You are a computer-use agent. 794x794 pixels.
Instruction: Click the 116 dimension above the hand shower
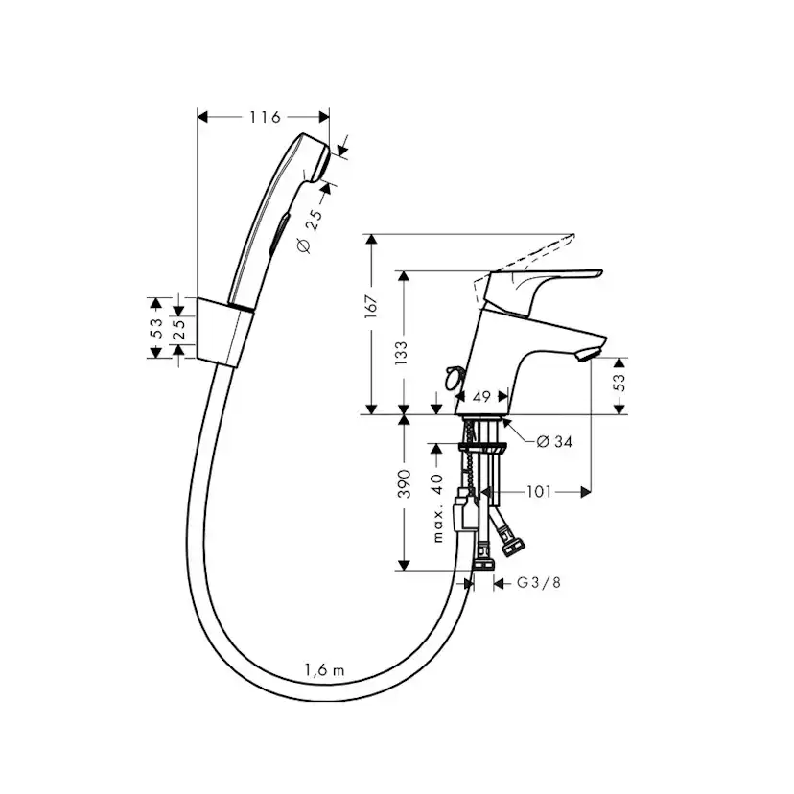click(x=264, y=117)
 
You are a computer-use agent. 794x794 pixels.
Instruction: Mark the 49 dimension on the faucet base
click(x=481, y=396)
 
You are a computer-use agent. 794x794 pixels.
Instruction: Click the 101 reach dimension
click(x=539, y=492)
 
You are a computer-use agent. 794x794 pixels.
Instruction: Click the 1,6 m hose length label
click(x=323, y=670)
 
